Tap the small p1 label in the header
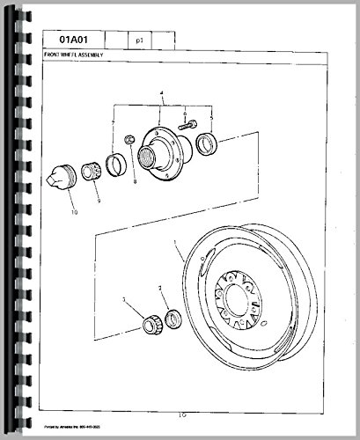[141, 40]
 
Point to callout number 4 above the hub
[161, 93]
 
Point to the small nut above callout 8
[129, 140]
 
